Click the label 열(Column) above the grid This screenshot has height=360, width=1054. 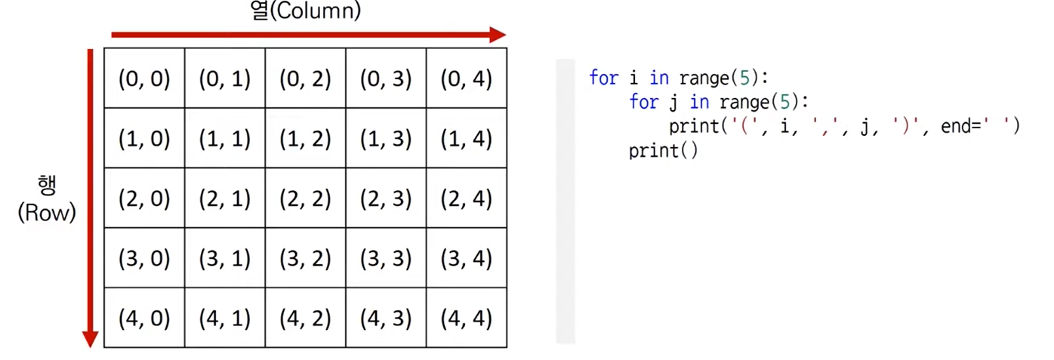pyautogui.click(x=306, y=11)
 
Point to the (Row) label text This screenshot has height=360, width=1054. pyautogui.click(x=47, y=214)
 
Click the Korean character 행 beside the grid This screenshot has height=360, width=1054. pyautogui.click(x=47, y=186)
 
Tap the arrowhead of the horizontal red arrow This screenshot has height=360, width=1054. pyautogui.click(x=497, y=35)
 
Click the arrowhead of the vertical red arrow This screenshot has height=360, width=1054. pyautogui.click(x=90, y=339)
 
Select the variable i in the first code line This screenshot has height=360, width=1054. pyautogui.click(x=634, y=78)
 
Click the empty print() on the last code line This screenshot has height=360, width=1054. pyautogui.click(x=663, y=151)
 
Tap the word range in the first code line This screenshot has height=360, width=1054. pyautogui.click(x=704, y=78)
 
